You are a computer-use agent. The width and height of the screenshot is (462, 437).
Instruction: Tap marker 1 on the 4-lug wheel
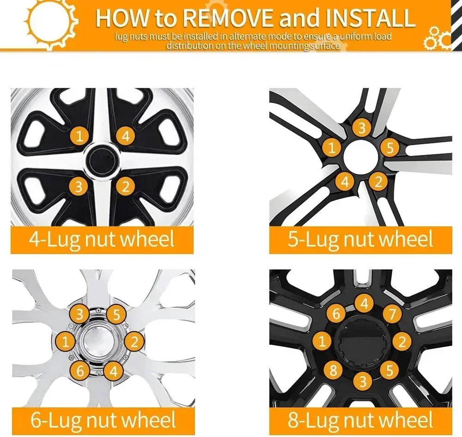click(79, 136)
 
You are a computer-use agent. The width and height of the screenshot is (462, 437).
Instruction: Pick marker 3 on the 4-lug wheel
click(79, 186)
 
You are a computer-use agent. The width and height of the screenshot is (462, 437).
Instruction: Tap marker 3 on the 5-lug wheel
click(362, 127)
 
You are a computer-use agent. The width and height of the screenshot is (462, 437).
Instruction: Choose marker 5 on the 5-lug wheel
click(390, 148)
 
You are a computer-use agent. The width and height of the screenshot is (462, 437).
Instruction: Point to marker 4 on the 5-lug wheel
click(345, 182)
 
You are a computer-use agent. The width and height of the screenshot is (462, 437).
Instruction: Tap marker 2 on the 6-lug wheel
click(134, 342)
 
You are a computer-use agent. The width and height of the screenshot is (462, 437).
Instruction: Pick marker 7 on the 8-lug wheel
click(392, 314)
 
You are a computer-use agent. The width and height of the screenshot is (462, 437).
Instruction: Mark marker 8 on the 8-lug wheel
click(333, 370)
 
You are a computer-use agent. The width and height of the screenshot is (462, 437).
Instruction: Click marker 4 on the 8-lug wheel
click(364, 303)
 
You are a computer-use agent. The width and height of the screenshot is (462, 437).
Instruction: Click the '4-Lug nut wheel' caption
click(102, 239)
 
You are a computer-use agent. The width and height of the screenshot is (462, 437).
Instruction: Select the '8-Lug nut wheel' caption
click(360, 420)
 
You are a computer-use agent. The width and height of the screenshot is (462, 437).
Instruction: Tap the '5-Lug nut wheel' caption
click(360, 239)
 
